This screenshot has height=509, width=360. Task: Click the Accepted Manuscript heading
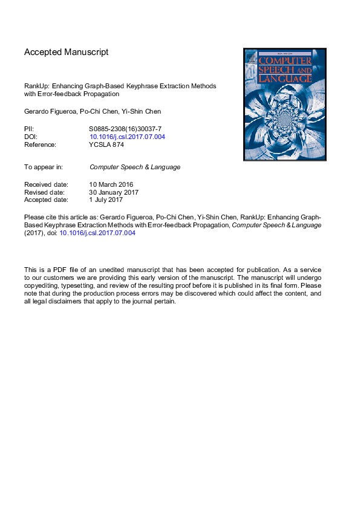67,52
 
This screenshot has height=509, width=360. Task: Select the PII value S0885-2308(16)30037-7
125,129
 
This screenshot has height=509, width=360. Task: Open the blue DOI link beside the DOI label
127,137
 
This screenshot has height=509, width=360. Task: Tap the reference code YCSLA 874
106,144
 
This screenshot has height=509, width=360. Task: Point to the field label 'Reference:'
40,144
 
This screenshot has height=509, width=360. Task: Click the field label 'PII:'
29,129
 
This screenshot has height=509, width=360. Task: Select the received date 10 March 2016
111,184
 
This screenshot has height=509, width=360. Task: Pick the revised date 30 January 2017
114,192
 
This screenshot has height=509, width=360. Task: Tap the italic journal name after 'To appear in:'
135,167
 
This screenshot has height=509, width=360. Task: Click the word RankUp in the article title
36,86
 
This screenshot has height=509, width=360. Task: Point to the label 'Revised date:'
45,192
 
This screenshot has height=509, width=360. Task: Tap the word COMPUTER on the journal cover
285,60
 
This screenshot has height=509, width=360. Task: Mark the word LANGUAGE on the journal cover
285,79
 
